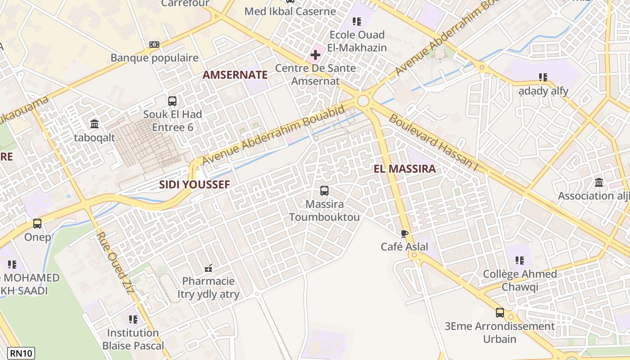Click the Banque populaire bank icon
[154, 45]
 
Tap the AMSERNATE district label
[235, 75]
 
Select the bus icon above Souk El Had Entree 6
[172, 101]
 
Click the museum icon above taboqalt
[94, 124]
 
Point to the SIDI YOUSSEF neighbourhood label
[194, 184]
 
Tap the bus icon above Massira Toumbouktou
[324, 191]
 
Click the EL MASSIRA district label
[405, 169]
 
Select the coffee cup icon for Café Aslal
[404, 234]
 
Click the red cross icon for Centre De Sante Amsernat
[315, 55]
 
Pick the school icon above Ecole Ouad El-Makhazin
[357, 22]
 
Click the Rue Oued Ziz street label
[115, 263]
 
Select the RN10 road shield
[21, 353]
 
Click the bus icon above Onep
[37, 224]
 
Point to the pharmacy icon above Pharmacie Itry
[208, 268]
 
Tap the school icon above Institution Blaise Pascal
[133, 319]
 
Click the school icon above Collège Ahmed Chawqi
[520, 261]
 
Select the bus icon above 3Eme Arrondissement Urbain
[500, 313]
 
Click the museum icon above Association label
[599, 183]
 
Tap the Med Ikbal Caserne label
[290, 11]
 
